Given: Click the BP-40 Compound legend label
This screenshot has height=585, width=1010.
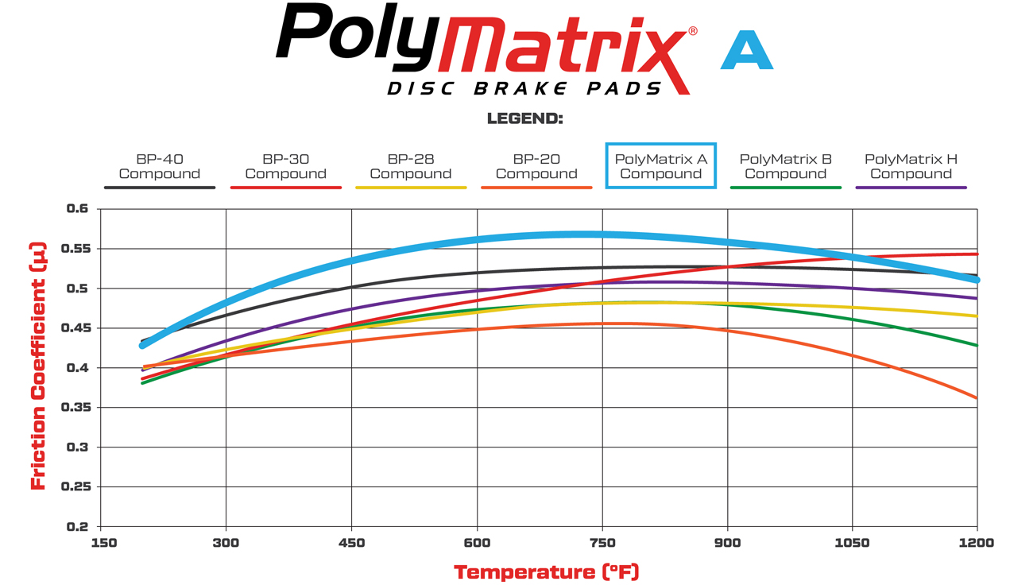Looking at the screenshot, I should [x=159, y=166].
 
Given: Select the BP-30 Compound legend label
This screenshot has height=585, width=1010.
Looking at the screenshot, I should [x=285, y=166].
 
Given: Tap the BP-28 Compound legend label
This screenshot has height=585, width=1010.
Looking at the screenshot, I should [x=411, y=166].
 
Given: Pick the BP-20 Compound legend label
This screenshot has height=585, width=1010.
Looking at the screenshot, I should [x=536, y=166].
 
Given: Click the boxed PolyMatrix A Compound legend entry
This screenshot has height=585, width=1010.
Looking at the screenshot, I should [x=661, y=166].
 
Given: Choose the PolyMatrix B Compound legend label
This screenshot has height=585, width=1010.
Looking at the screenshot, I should [x=786, y=166].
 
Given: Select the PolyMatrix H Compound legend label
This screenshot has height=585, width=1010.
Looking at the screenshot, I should [x=911, y=166].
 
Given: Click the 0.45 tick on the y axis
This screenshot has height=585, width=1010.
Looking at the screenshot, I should [x=77, y=328].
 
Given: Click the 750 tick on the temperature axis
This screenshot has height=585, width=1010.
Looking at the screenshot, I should [x=602, y=543].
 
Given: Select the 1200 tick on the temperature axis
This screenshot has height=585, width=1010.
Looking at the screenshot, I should [x=977, y=543].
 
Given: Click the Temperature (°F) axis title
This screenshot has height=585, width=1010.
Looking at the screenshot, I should [x=546, y=571].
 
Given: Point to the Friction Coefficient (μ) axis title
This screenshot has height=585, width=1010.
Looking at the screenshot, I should [x=37, y=366].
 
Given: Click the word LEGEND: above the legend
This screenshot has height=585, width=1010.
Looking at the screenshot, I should [x=524, y=119].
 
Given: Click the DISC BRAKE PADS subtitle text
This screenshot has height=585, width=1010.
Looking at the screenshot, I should [x=524, y=87].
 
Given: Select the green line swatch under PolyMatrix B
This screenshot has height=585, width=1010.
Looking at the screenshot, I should [x=786, y=188].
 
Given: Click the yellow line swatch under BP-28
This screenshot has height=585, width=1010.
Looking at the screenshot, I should [x=411, y=188].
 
